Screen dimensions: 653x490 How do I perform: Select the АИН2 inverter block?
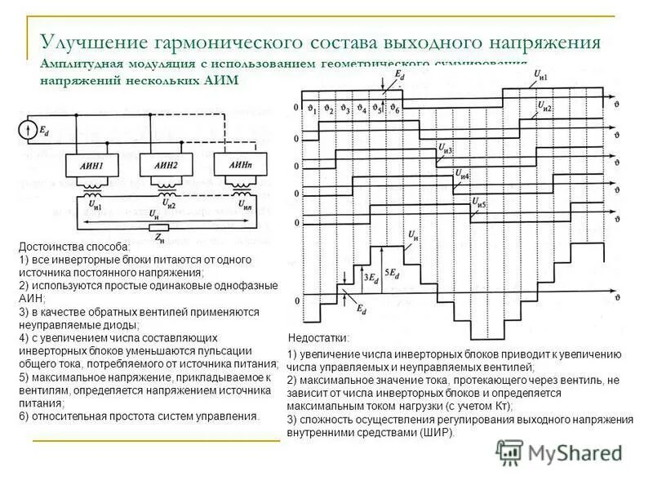pyautogui.click(x=167, y=166)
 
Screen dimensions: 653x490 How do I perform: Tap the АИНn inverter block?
pyautogui.click(x=239, y=166)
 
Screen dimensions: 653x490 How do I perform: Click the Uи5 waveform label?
pyautogui.click(x=477, y=204)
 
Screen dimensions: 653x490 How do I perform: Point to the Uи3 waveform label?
pyautogui.click(x=446, y=148)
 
